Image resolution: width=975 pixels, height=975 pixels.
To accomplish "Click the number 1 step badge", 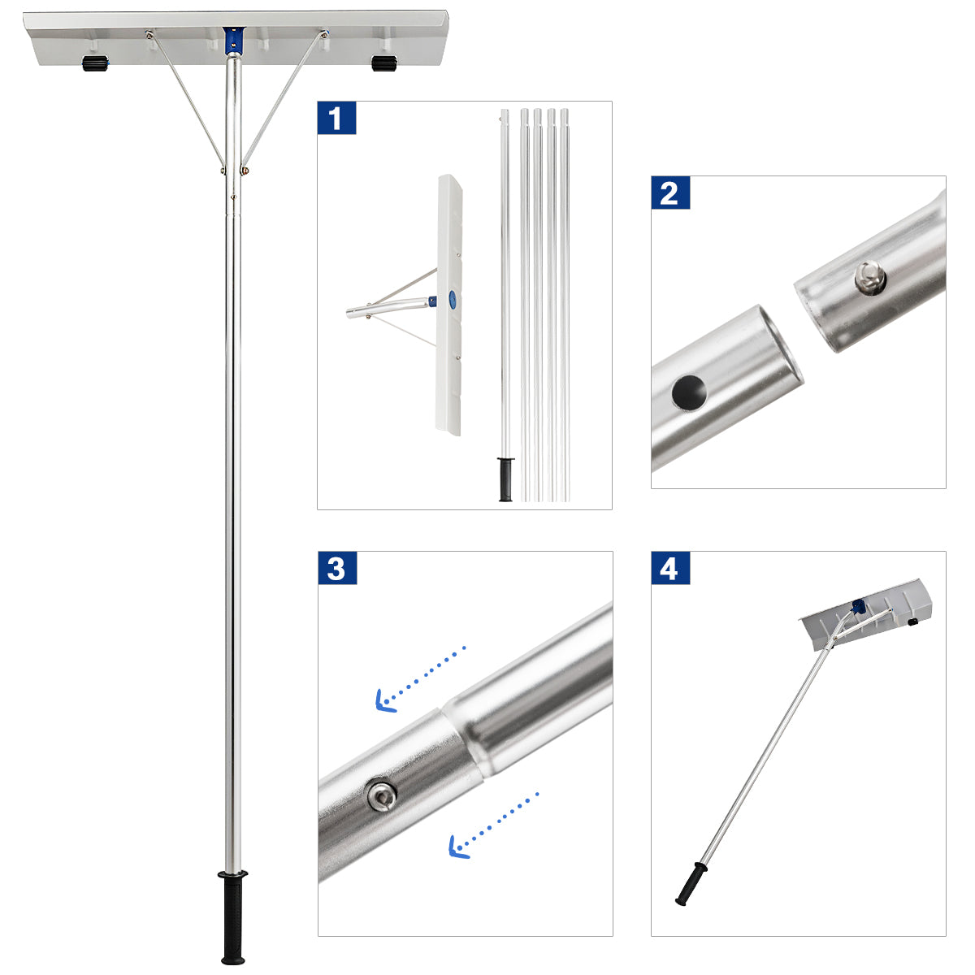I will click(336, 119).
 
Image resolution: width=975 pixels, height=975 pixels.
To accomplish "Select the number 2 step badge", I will click(669, 194).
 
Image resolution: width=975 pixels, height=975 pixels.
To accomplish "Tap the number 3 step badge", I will click(336, 570).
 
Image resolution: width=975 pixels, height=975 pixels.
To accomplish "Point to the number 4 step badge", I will click(669, 570).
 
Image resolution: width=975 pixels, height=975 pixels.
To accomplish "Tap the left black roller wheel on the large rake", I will click(95, 64).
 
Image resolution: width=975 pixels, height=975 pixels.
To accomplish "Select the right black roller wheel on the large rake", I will click(383, 63).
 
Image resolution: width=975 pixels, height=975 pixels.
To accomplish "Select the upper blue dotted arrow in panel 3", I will click(419, 679).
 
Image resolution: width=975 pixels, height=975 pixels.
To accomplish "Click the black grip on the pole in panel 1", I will click(505, 479).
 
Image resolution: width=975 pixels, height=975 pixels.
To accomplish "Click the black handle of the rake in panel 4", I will click(691, 884).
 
